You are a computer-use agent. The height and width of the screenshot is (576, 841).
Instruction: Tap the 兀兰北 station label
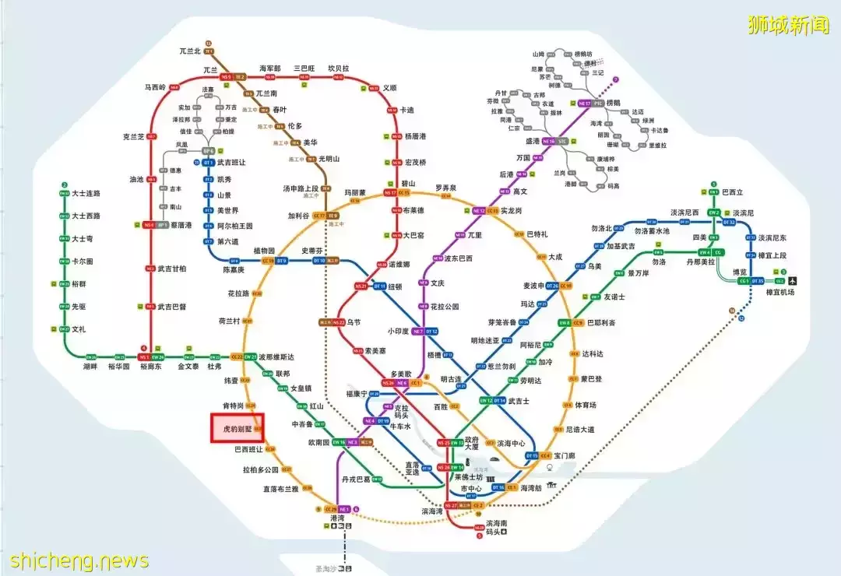coord(190,51)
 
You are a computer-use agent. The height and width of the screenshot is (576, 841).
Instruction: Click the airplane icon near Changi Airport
coord(793,279)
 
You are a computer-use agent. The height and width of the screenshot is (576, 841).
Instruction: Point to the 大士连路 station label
coord(86,193)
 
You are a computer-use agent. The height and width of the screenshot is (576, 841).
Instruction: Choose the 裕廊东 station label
coord(150,366)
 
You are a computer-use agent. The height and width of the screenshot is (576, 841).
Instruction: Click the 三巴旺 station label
coord(304,68)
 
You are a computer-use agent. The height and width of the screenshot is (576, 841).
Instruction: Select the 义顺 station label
coord(389,88)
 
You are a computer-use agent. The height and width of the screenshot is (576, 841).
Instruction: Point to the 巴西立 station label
coord(733,192)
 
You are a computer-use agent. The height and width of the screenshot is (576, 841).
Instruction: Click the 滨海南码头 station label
coord(496,528)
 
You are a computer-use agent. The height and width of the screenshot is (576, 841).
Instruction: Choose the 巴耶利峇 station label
coord(600,322)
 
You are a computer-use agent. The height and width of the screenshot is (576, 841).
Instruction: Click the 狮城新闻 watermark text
coord(788,26)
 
